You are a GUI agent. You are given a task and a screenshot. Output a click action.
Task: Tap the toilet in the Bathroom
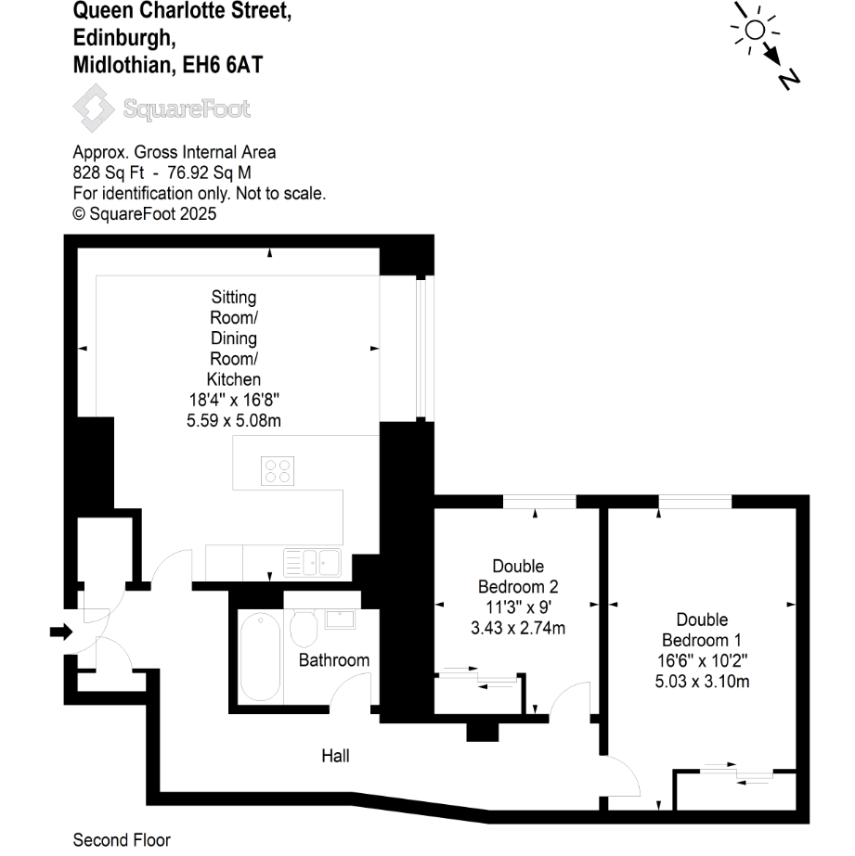[x=304, y=628]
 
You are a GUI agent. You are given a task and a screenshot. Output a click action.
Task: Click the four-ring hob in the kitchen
[x=276, y=471]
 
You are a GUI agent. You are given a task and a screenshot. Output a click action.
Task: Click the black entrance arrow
[x=60, y=632]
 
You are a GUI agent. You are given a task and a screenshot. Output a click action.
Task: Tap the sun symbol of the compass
[x=754, y=30]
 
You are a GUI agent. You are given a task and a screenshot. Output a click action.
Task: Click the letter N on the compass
[x=789, y=79]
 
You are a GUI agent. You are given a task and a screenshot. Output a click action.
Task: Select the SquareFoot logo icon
[x=94, y=109]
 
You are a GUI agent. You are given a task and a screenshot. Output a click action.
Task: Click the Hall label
[x=335, y=756]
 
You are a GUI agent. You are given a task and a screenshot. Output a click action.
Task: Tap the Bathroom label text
[x=333, y=660]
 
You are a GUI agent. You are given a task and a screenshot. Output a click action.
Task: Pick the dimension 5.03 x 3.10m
[x=702, y=682]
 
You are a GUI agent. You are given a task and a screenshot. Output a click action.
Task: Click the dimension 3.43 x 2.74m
[x=518, y=628]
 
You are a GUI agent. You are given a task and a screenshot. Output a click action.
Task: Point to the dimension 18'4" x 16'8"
[x=233, y=400]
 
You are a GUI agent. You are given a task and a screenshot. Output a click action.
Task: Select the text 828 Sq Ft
[x=104, y=172]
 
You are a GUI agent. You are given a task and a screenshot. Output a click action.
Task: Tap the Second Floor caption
[x=122, y=840]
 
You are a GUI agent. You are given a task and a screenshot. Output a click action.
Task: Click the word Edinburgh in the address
[x=123, y=37]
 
